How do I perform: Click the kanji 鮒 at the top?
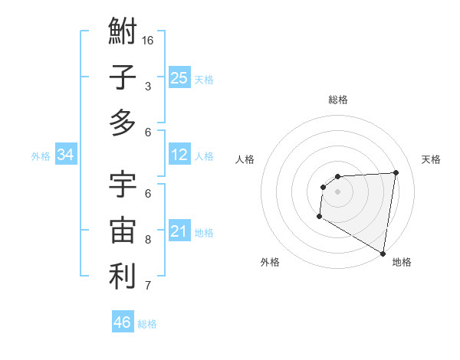123,33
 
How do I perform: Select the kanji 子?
123,77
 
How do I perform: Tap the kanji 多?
123,123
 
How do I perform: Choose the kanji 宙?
123,231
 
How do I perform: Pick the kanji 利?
123,277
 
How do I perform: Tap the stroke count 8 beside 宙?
148,240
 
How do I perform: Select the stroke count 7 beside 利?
148,286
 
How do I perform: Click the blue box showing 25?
179,77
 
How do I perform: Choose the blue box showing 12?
179,155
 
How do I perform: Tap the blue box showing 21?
179,231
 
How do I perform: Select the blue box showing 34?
65,155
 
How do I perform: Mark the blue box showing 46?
123,322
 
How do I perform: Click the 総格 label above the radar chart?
338,100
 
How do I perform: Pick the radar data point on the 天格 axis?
396,172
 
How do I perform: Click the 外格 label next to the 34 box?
41,156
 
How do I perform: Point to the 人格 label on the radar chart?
245,159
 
